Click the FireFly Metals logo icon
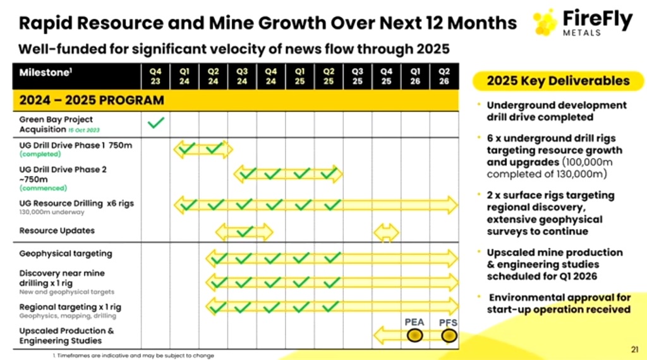(x=545, y=22)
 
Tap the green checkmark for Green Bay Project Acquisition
(x=155, y=123)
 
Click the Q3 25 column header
(x=358, y=76)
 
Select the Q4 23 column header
(x=155, y=76)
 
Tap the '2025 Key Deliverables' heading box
(x=558, y=81)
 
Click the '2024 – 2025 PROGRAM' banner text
(x=92, y=100)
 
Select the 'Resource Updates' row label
(x=57, y=231)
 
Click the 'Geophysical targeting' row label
(x=66, y=253)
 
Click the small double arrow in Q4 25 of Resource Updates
(x=386, y=232)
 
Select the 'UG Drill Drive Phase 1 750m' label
(x=76, y=144)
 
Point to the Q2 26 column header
(x=444, y=76)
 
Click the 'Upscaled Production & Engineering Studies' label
(x=66, y=335)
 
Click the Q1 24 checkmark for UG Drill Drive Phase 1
(x=186, y=149)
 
